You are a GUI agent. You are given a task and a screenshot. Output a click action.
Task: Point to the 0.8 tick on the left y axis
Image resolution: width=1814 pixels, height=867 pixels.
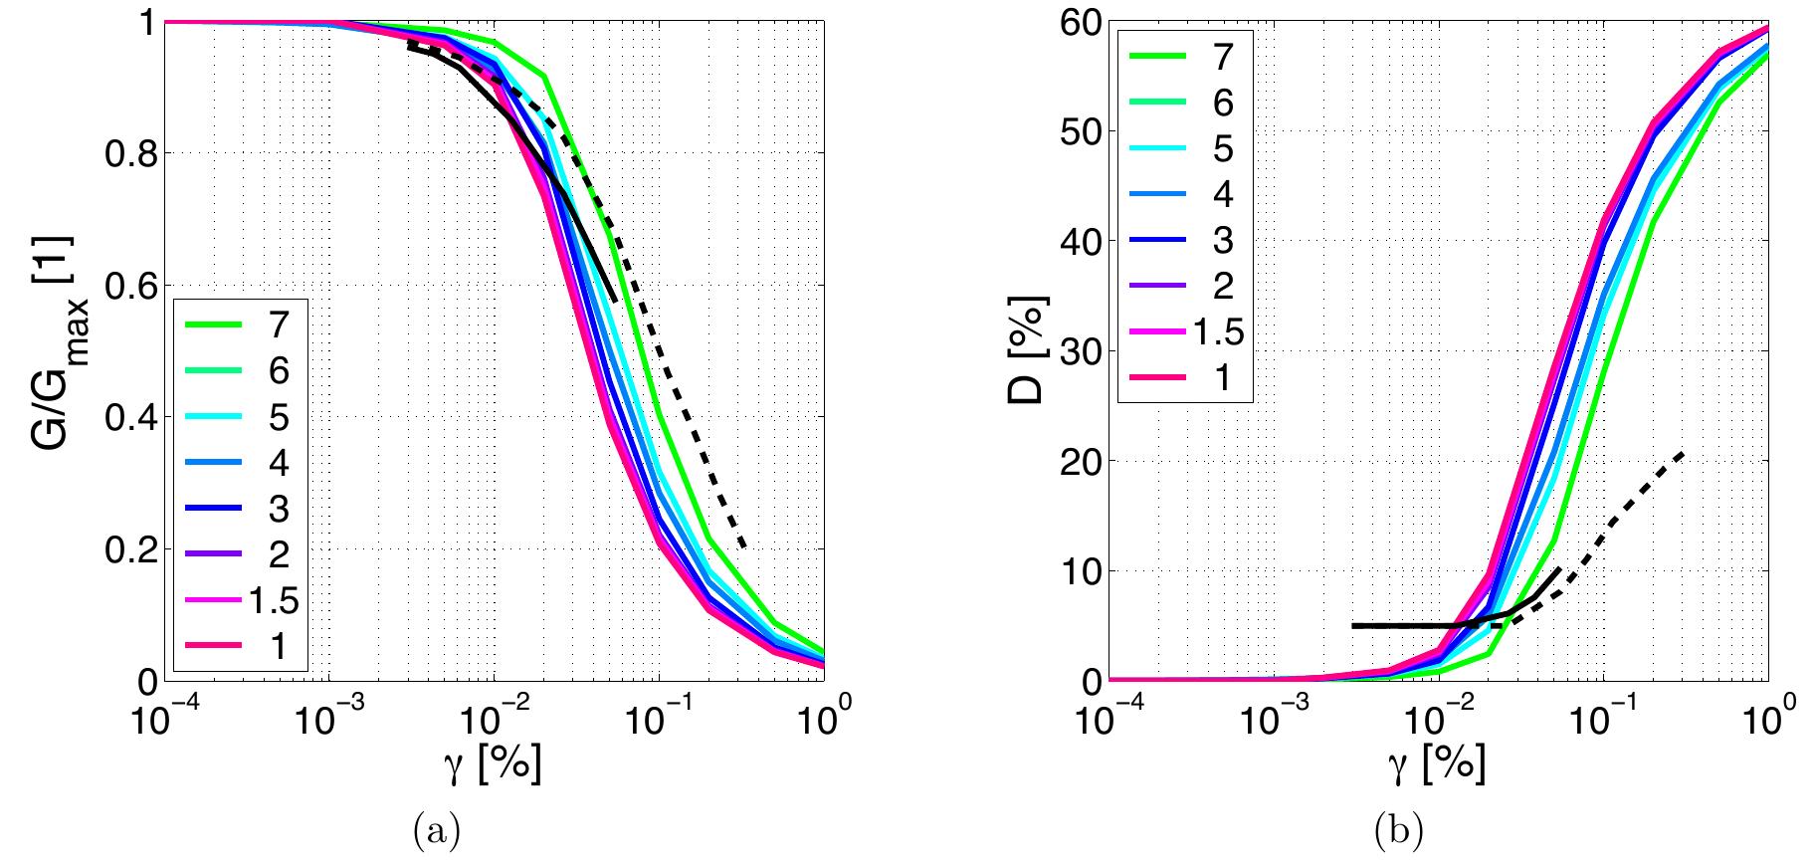pos(124,154)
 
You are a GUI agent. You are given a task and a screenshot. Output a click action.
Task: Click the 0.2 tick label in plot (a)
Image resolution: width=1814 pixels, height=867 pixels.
pos(124,549)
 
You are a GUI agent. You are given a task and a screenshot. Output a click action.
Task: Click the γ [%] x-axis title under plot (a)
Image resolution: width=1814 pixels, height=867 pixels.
pos(492,763)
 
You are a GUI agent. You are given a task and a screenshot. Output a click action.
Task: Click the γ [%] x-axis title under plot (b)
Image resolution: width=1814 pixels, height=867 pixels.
pos(1436,763)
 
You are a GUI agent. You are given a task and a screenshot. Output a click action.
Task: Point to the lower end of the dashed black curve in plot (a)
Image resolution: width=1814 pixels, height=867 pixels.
pos(743,547)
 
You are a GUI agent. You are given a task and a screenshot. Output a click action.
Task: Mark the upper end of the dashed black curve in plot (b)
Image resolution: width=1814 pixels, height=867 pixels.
pos(1683,453)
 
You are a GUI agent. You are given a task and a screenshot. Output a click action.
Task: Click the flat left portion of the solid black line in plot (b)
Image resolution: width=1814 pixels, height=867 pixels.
pos(1393,625)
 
